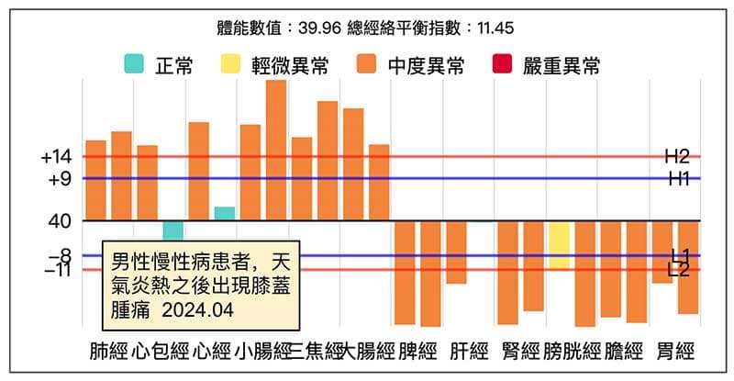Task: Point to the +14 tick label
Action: (x=56, y=158)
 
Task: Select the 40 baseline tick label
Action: (x=60, y=221)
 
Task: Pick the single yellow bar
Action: (x=560, y=245)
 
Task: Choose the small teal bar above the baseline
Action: (x=225, y=214)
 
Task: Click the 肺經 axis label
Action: (x=108, y=352)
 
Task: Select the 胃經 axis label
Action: (x=675, y=352)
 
